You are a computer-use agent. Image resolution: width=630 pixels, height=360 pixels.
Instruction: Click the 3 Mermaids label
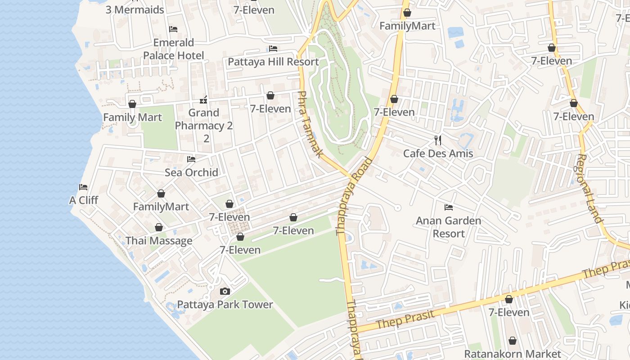click(135, 9)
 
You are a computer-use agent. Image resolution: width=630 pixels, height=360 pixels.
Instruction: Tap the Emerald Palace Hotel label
click(173, 49)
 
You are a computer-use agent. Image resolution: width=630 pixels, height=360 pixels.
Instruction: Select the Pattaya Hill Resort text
click(273, 62)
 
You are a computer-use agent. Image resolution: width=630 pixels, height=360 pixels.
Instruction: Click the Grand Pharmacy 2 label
click(204, 119)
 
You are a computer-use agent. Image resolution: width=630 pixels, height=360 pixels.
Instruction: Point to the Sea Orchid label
click(191, 172)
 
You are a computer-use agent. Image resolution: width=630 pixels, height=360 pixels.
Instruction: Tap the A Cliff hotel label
click(83, 200)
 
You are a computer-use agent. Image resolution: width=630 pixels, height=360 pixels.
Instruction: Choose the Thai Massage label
click(159, 241)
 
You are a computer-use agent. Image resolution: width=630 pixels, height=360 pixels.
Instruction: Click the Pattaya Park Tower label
click(225, 305)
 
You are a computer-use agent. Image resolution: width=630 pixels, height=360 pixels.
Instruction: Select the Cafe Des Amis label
click(438, 153)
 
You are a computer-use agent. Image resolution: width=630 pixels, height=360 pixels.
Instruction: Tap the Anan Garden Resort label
click(448, 227)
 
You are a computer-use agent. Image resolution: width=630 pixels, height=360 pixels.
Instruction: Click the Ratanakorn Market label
click(513, 354)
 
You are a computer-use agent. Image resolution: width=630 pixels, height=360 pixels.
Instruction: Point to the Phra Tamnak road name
click(310, 124)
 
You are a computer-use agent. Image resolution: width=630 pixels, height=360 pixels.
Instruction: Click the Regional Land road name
click(589, 189)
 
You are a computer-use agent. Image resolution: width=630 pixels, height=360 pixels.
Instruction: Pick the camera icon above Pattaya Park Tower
click(225, 292)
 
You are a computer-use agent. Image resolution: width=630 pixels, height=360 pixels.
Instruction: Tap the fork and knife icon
click(438, 140)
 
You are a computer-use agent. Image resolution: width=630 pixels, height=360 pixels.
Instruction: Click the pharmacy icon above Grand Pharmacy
click(203, 99)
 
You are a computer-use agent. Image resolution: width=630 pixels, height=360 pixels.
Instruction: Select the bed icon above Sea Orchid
click(191, 159)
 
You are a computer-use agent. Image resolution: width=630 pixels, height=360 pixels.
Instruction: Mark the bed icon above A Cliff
click(83, 187)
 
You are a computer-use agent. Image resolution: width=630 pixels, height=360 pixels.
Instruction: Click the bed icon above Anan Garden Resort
click(448, 207)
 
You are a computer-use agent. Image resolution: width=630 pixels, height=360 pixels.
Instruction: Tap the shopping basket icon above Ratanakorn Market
click(512, 341)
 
